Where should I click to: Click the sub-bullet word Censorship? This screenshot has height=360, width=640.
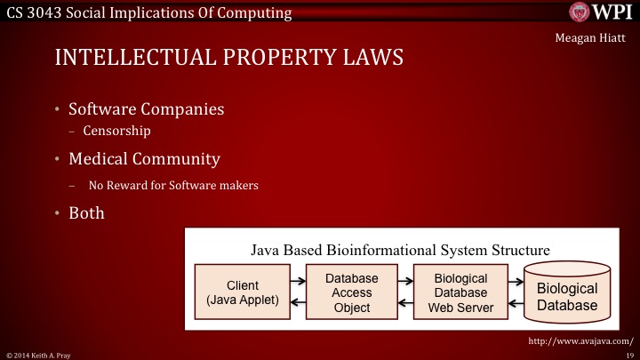[x=116, y=131]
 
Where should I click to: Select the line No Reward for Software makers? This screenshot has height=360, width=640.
[x=173, y=186]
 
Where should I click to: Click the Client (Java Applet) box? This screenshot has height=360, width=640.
[x=243, y=292]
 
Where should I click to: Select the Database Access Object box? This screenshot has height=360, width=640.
[x=351, y=293]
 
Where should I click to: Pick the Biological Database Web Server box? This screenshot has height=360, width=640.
[x=460, y=293]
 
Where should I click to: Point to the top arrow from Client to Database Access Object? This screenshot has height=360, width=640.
[x=297, y=281]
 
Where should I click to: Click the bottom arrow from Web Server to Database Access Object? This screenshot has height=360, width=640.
[x=405, y=304]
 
